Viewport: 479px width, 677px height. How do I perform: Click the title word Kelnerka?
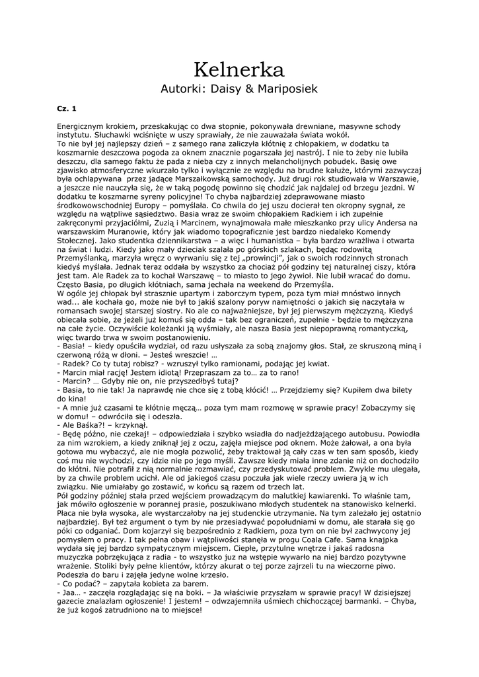coord(239,69)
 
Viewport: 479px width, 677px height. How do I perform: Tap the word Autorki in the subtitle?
coord(183,89)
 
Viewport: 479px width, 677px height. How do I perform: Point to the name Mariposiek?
coord(291,89)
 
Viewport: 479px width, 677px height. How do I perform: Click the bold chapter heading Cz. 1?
coord(67,108)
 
